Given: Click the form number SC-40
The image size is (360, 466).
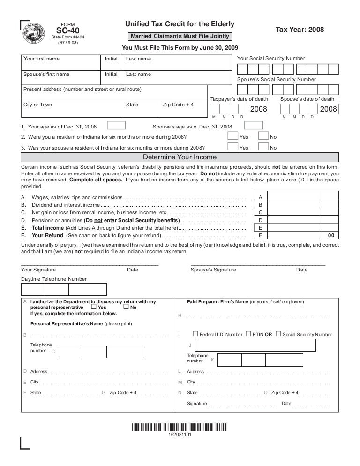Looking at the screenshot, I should click(x=68, y=31).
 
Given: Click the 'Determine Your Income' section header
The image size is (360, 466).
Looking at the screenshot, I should click(x=180, y=157).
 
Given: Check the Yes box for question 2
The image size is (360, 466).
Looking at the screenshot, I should click(x=232, y=136).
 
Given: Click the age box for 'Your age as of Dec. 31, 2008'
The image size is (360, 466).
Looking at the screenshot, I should click(x=116, y=125).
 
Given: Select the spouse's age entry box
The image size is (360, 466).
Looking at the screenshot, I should click(x=254, y=125).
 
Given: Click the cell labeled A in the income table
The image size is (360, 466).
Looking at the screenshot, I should click(x=260, y=198).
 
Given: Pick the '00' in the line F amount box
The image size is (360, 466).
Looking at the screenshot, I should click(x=331, y=235).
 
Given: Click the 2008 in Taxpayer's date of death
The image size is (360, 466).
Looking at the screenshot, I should click(x=258, y=109).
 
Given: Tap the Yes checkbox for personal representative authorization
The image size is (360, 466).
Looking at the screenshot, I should click(x=94, y=307).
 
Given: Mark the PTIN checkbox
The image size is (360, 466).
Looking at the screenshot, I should click(x=248, y=334).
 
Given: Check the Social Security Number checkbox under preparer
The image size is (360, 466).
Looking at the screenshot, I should click(x=278, y=334).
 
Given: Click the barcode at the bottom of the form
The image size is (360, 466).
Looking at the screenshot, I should click(x=180, y=427).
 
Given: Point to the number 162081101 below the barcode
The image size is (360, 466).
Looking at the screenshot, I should click(x=180, y=435).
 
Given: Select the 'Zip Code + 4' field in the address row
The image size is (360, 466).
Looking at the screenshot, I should click(x=182, y=108).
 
